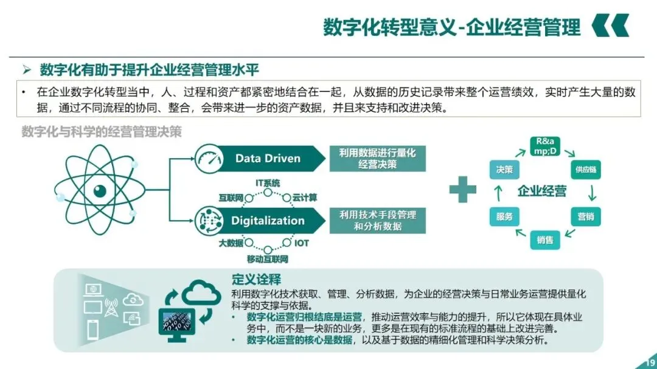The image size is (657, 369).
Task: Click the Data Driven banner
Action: point(268,159)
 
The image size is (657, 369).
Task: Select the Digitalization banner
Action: point(268,221)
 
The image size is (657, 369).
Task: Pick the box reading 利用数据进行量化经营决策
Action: point(377,159)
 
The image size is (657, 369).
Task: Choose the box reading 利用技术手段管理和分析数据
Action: point(377,221)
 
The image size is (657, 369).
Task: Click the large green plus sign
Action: point(462,190)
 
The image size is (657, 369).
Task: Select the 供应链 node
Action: point(585,170)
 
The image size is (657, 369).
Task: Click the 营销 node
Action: point(585,216)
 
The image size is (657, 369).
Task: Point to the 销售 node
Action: point(544,240)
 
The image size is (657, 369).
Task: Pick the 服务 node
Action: point(504,216)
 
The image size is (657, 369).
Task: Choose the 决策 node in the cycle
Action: point(504,170)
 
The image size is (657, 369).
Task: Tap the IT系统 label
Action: point(268,183)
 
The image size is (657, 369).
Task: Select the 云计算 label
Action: point(304,198)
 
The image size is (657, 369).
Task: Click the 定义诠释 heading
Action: point(256,280)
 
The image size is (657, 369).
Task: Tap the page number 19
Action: point(648,363)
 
